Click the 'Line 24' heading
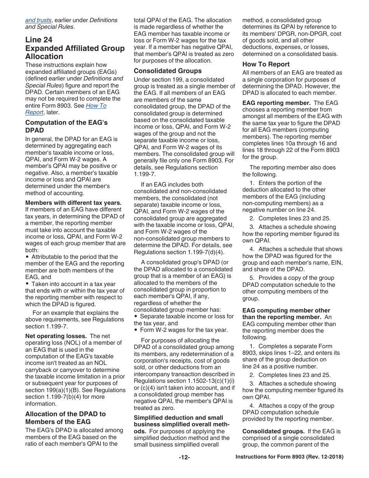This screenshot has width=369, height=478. (x=39, y=40)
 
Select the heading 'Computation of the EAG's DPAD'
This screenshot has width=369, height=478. (x=66, y=126)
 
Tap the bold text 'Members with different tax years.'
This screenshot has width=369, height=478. (x=73, y=203)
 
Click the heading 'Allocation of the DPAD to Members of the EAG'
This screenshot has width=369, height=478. (x=65, y=418)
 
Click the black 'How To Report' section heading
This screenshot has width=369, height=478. (x=266, y=64)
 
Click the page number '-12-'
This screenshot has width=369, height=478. (x=184, y=457)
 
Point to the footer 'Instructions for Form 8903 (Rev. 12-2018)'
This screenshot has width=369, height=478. (x=289, y=457)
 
